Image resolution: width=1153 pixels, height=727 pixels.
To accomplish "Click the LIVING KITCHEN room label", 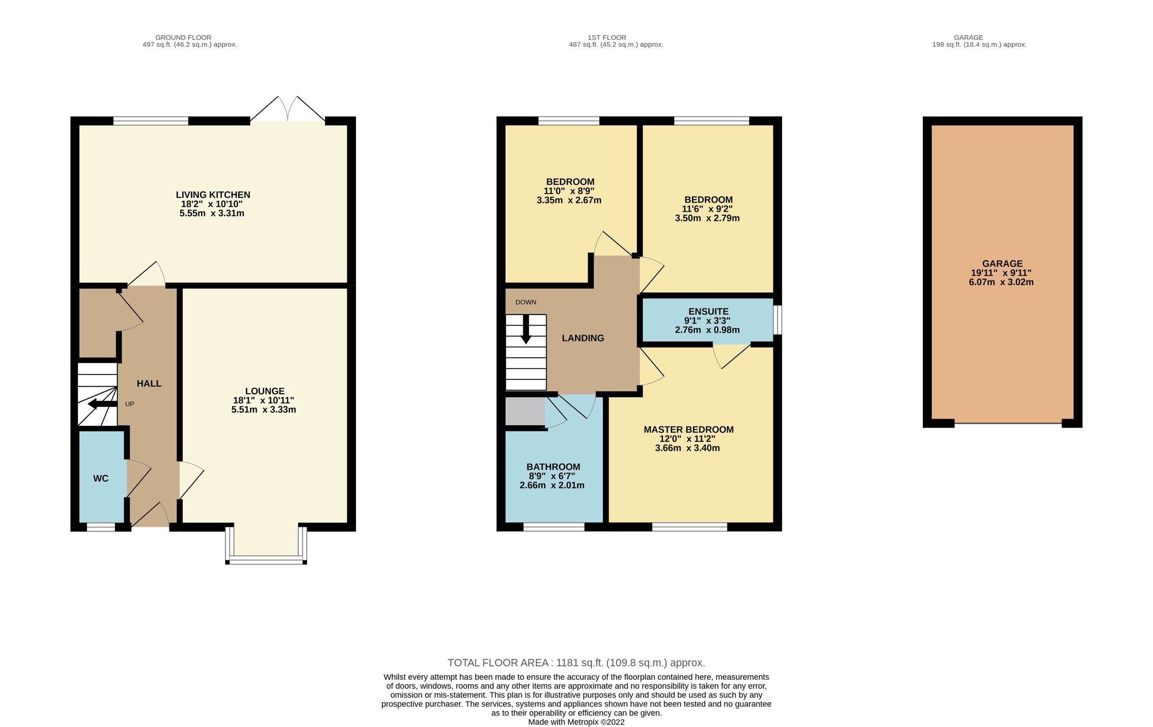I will coord(213,194).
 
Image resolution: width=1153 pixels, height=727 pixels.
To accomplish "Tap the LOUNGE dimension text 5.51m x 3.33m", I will coord(263,410).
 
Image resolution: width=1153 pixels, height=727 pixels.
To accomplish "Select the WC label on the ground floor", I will coord(101,478).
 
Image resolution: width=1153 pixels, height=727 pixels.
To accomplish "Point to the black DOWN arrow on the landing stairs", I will coord(526,329).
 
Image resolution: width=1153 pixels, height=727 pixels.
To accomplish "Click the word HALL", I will coord(149,383).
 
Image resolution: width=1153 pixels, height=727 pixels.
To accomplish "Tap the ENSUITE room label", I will coord(708,311).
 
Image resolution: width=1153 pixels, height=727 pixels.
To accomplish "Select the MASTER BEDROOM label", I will coord(688,429).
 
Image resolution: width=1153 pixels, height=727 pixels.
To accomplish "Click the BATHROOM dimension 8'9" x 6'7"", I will coord(552,476).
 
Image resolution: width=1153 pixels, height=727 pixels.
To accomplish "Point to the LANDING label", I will coord(583,338).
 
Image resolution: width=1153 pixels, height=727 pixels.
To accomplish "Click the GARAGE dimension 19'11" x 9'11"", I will coord(1001,273).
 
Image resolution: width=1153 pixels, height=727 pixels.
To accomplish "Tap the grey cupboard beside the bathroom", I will coord(525,411).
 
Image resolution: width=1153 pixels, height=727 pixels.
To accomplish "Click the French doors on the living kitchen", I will coord(287,109).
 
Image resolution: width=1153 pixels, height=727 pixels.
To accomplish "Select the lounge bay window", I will coord(266,559).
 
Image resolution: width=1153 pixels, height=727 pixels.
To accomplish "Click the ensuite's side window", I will coord(778,319).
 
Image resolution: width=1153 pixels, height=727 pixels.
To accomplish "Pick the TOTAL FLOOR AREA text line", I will coord(576,663).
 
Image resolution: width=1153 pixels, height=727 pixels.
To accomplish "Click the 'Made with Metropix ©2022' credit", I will coord(576,722).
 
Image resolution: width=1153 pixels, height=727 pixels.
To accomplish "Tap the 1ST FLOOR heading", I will coord(607,37).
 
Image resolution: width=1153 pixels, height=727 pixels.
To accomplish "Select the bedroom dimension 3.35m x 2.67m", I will coord(569,200).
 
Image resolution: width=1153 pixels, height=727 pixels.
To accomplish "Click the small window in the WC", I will coord(101,527).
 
